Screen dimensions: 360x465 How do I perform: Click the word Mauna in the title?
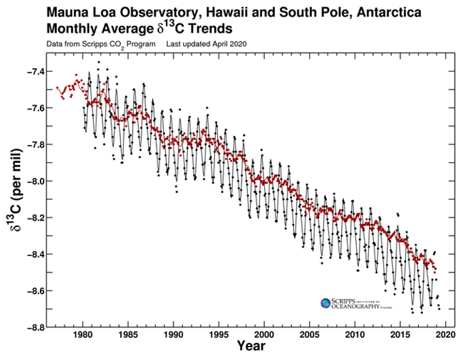coord(66,14)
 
